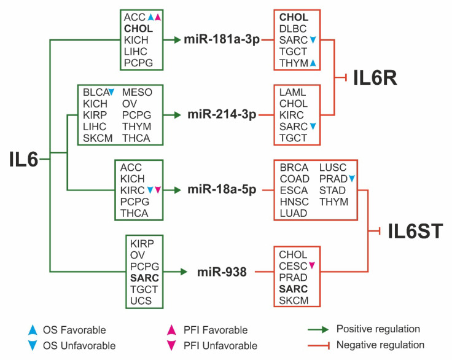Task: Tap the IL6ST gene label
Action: click(x=415, y=232)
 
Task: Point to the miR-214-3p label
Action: click(x=222, y=115)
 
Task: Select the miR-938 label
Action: click(x=222, y=270)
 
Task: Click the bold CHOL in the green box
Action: click(x=138, y=29)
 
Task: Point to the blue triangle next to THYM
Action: click(x=313, y=63)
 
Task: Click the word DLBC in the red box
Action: click(x=293, y=29)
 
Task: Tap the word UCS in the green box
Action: click(x=141, y=301)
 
